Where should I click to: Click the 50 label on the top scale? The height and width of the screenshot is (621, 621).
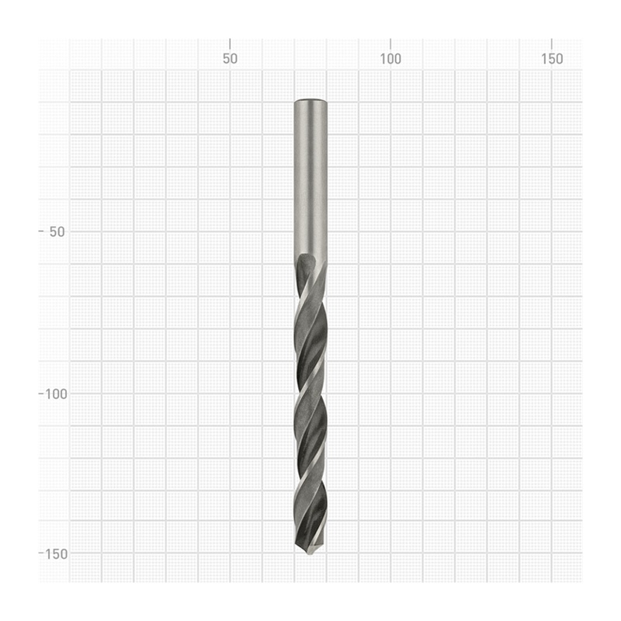[230, 59]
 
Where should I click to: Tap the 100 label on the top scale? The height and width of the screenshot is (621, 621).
[390, 59]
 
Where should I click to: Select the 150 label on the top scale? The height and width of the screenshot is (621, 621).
[552, 59]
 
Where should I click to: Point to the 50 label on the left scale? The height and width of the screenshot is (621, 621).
[57, 232]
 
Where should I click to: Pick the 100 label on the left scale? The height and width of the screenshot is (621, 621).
[56, 394]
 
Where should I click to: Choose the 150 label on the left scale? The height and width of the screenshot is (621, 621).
[56, 554]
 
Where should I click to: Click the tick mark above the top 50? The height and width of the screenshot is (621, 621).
[230, 44]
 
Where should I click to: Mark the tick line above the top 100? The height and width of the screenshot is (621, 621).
[390, 44]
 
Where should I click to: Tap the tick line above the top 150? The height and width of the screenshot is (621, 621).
[552, 44]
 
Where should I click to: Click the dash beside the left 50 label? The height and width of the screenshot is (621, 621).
[41, 231]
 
